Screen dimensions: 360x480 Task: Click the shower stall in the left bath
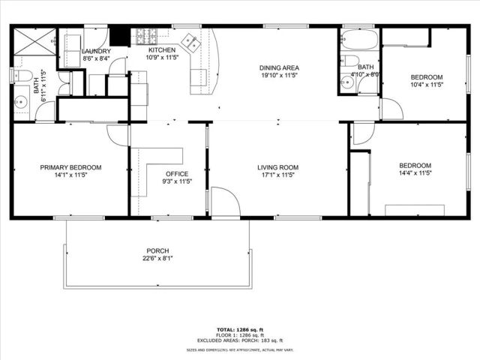click(x=34, y=42)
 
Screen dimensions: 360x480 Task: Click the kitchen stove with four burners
click(x=144, y=34)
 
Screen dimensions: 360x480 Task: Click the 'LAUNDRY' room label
click(x=96, y=50)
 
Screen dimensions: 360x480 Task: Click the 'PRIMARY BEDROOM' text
click(x=70, y=167)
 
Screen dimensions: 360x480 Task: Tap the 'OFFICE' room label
click(x=177, y=173)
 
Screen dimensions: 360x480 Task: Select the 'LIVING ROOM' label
click(x=278, y=167)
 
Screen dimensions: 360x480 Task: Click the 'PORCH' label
click(x=157, y=250)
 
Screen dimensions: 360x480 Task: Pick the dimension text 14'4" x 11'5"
click(x=415, y=173)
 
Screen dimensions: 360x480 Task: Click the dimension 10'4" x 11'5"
click(x=427, y=85)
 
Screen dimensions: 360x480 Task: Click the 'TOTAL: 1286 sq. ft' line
click(x=239, y=330)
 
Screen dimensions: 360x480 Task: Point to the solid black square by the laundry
click(x=119, y=36)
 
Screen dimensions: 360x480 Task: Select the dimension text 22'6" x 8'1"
click(x=157, y=259)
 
